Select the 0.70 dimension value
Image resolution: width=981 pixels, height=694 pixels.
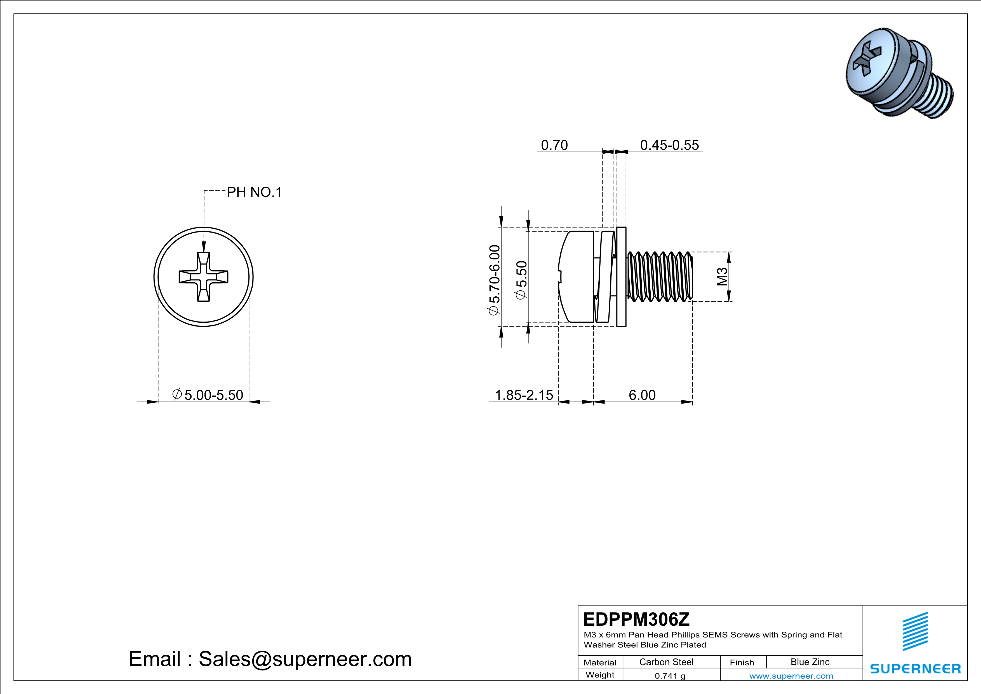(554, 145)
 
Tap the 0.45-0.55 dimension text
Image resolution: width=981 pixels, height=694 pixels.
(669, 145)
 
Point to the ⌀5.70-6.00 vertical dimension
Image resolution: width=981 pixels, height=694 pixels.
(494, 280)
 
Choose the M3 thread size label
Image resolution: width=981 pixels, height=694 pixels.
(722, 276)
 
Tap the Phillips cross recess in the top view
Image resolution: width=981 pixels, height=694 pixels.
(203, 277)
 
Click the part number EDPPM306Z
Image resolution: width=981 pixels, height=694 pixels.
(636, 619)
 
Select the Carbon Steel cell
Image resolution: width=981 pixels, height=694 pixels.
(666, 662)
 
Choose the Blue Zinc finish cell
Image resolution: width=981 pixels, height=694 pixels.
(810, 662)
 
